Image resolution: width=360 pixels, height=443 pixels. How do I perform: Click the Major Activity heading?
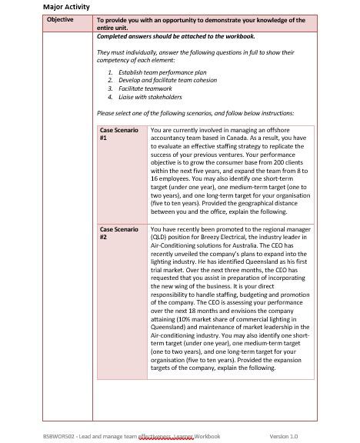coord(68,7)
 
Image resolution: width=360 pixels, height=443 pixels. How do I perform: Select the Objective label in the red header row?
coord(58,20)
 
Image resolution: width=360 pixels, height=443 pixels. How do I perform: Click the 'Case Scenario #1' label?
coord(119,134)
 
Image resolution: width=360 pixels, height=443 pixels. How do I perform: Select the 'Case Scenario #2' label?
coord(119,233)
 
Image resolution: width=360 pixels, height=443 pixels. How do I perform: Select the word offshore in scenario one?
coord(292,130)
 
